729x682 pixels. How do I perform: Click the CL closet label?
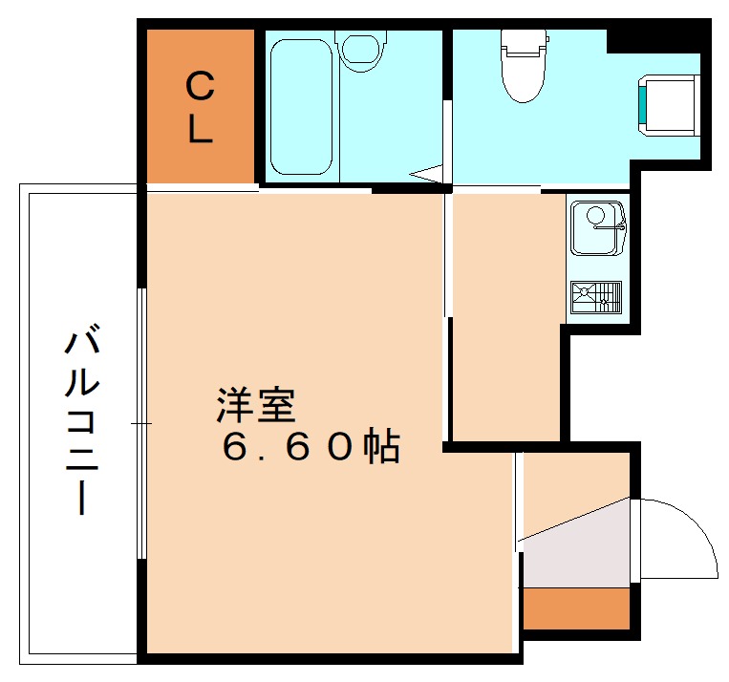(199, 107)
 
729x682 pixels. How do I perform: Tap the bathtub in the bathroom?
(302, 105)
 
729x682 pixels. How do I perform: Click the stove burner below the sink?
(596, 296)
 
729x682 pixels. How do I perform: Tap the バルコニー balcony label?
(82, 420)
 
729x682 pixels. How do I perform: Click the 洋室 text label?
(256, 405)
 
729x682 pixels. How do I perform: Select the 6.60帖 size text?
(311, 446)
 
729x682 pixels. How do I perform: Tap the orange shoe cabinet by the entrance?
(576, 607)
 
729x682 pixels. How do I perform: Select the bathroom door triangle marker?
(428, 174)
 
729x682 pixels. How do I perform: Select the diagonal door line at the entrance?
(573, 521)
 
